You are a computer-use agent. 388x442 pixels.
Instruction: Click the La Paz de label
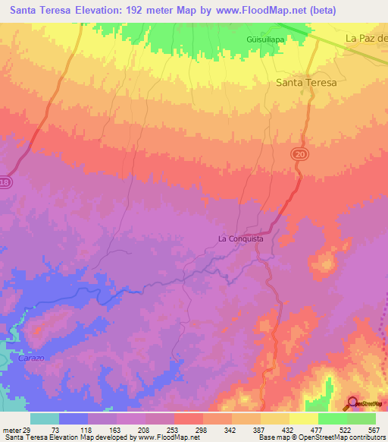pos(366,38)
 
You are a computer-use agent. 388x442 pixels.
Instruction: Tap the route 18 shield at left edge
pos(5,182)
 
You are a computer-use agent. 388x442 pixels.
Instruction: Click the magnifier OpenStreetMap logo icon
pos(353,403)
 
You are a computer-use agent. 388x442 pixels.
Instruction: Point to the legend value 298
pos(202,429)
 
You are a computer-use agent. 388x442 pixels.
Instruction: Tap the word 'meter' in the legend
pos(11,429)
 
